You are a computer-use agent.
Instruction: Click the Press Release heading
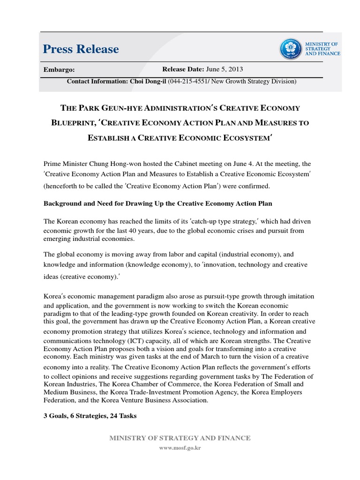[x=81, y=49]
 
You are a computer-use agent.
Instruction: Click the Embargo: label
[x=59, y=69]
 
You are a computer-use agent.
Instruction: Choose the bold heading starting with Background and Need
[x=158, y=204]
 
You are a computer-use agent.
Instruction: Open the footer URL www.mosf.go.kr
[x=180, y=448]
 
